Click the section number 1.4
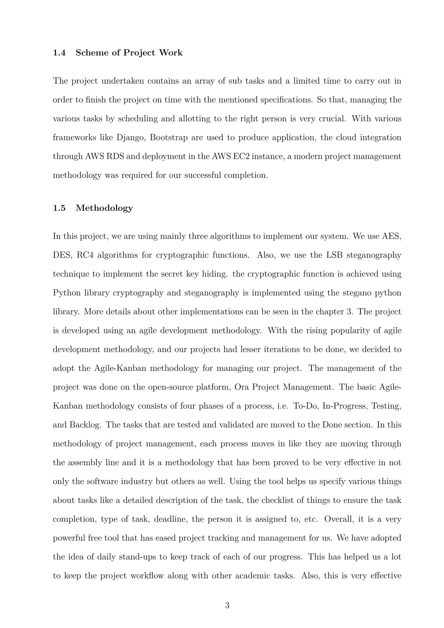click(59, 52)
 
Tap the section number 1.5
click(59, 208)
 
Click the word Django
click(129, 137)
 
